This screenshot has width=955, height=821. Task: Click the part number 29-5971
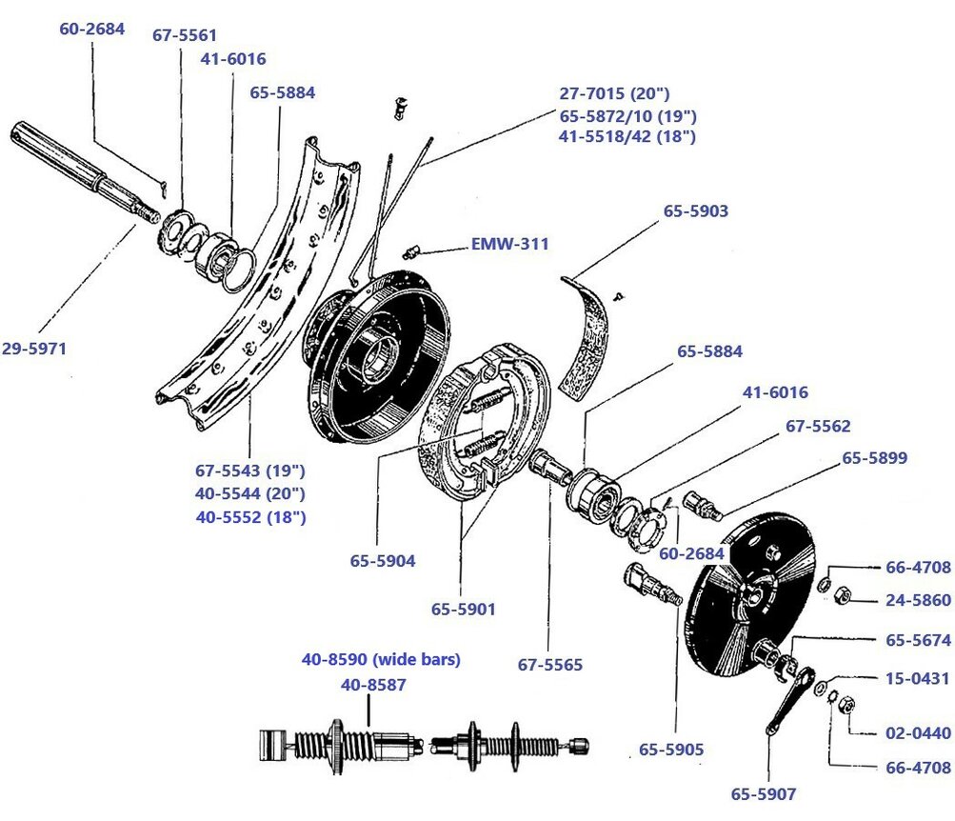coord(34,350)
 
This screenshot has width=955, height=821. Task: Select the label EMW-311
coord(509,244)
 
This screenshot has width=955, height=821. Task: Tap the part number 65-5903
coord(695,211)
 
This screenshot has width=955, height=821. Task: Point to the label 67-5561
coord(185,36)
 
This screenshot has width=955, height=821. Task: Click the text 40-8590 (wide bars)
coord(381,659)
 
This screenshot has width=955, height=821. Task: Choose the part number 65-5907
coord(763,793)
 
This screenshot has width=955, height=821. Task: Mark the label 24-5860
coord(918,601)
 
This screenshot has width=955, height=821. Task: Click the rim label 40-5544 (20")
coord(250,493)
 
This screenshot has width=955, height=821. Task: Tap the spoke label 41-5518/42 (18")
coord(627,136)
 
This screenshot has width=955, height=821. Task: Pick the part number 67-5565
coord(549,665)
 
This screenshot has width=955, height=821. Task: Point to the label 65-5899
coord(874,458)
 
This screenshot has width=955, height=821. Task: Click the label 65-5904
coord(382,561)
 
